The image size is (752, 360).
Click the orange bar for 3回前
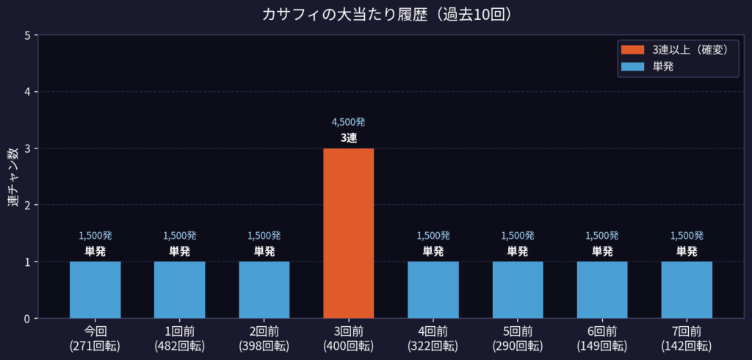(348, 233)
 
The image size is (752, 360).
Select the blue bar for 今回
(95, 289)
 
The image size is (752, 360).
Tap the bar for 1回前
(179, 289)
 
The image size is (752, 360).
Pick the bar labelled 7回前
(687, 289)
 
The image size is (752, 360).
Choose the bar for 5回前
(518, 289)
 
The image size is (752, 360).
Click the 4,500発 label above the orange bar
(348, 122)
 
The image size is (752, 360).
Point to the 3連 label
(348, 137)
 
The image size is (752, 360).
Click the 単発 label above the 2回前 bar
(264, 251)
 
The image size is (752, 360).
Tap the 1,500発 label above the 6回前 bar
(602, 236)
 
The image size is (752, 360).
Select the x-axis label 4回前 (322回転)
(433, 339)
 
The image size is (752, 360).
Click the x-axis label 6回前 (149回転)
(602, 339)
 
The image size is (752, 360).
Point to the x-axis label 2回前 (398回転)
(264, 339)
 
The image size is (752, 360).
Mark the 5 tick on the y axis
(26, 35)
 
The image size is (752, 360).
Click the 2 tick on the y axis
(26, 205)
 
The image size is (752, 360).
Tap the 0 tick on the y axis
(26, 318)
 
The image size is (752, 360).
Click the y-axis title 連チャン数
(13, 177)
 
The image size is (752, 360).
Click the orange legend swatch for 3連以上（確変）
(632, 50)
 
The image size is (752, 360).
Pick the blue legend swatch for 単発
(632, 66)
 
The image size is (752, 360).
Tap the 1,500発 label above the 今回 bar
(95, 236)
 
